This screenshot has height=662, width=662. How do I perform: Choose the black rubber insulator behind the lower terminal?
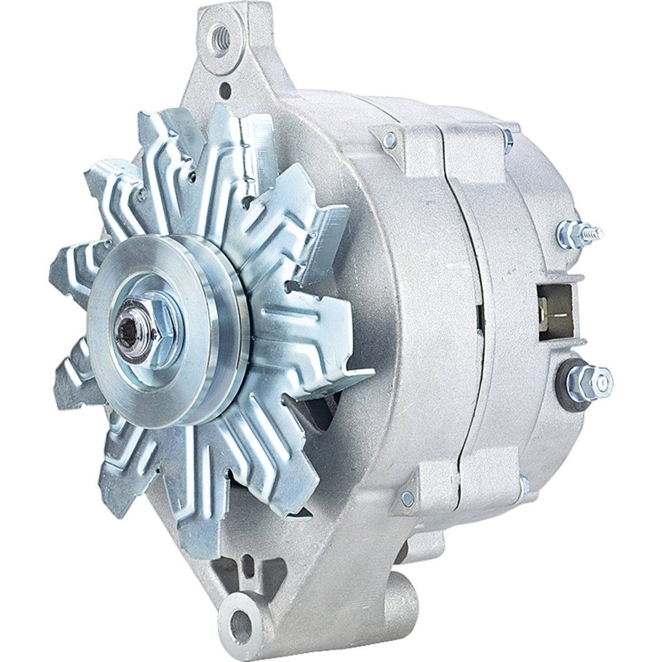[567, 383]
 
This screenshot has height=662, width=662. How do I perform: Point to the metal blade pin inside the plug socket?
[551, 303]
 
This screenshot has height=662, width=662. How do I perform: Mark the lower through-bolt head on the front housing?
[408, 498]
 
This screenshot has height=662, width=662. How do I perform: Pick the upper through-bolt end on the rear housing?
[508, 140]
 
